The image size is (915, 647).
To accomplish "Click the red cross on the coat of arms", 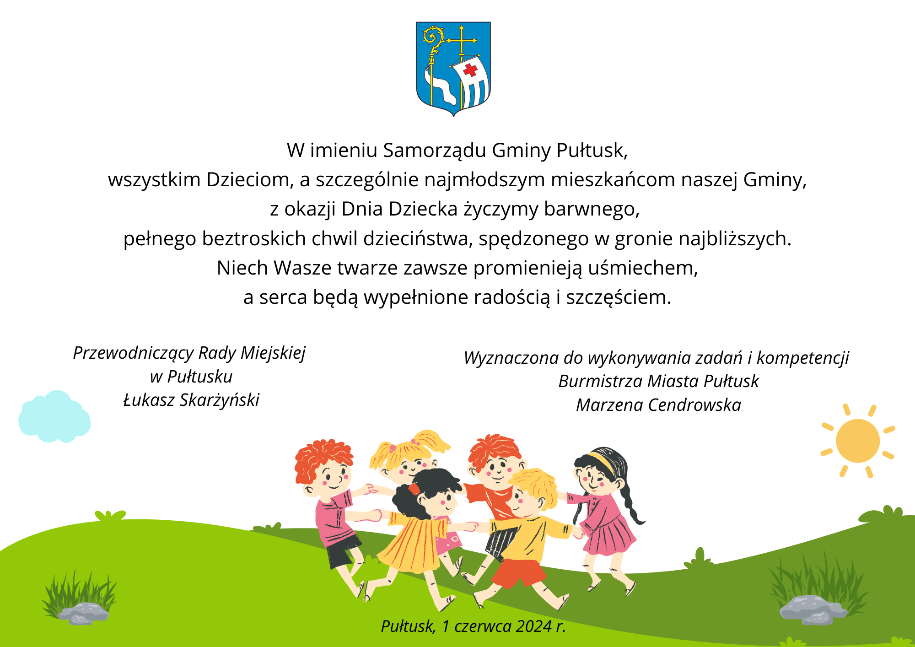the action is pyautogui.click(x=470, y=70).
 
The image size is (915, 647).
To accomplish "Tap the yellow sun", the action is pyautogui.click(x=858, y=441).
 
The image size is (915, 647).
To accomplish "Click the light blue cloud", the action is pyautogui.click(x=54, y=417).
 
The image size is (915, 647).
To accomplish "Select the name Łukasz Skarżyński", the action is pyautogui.click(x=191, y=400).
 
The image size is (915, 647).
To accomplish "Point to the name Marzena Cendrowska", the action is pyautogui.click(x=658, y=405).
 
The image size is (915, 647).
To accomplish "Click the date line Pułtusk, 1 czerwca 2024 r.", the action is pyautogui.click(x=474, y=626).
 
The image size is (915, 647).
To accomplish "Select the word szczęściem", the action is pyautogui.click(x=619, y=297).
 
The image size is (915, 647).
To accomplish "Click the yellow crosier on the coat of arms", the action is pyautogui.click(x=432, y=55).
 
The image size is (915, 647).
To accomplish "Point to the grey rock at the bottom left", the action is pyautogui.click(x=83, y=613).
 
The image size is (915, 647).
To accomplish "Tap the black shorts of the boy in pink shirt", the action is pyautogui.click(x=343, y=551).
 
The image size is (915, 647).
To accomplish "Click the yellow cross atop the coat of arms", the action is pyautogui.click(x=462, y=40).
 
